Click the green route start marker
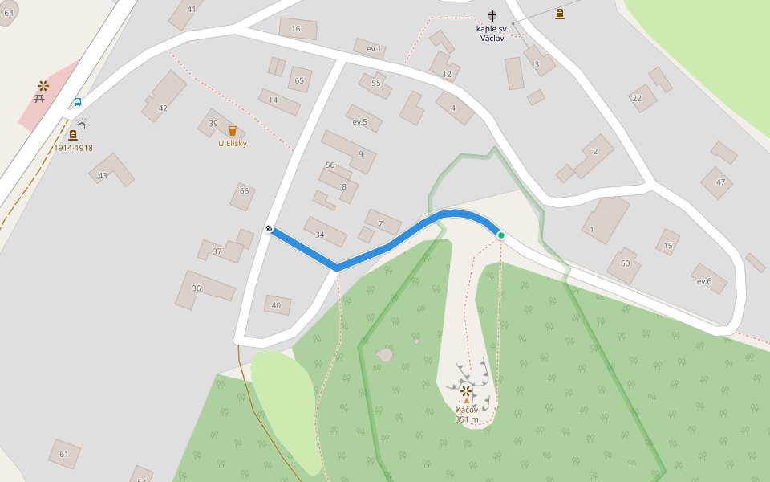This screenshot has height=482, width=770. point(501,235)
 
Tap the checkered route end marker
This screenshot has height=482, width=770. point(269,229)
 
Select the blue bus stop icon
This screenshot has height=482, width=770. point(78,102)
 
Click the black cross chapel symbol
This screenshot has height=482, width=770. point(492,15)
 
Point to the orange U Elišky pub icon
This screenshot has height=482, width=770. point(233,131)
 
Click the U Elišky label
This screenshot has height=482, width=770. point(233,144)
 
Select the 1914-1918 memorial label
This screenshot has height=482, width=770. point(73,148)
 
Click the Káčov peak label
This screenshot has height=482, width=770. point(467,410)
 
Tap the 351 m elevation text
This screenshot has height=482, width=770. point(467,419)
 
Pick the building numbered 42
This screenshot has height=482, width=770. point(163,108)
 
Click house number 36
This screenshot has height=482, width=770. point(197,288)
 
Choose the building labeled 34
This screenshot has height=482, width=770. point(320,235)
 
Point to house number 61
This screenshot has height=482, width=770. point(64,454)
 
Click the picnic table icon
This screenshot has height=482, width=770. point(39,98)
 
